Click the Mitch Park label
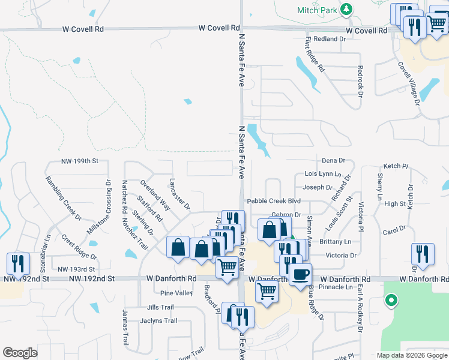pos(316,10)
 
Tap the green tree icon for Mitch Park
pos(346,10)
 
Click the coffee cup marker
pos(300,275)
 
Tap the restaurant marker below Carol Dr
pos(423,254)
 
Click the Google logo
pos(20,353)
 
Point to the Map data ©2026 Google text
pos(411,355)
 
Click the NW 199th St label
pos(79,162)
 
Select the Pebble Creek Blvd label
pos(273,201)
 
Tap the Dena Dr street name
pos(334,161)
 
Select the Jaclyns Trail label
pos(158,321)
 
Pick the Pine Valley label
pos(176,293)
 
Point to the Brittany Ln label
pos(336,242)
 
